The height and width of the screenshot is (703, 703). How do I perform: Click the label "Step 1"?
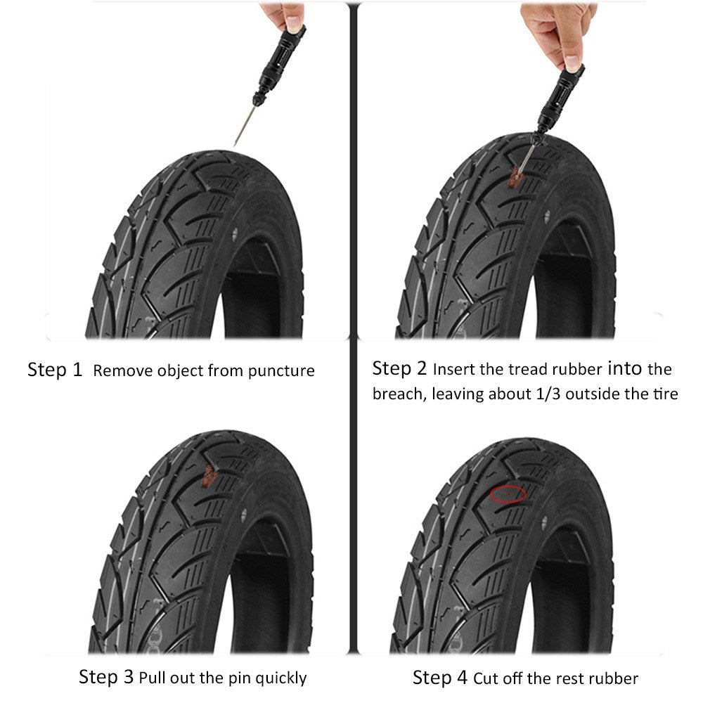point(55,370)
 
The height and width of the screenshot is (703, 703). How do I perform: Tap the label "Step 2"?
point(399,368)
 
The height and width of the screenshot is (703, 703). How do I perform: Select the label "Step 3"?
point(106,677)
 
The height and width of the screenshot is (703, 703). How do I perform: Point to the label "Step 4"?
point(440,678)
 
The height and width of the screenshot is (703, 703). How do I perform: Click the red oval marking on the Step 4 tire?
point(508,494)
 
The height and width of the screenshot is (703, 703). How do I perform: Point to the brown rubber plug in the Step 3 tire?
point(208,477)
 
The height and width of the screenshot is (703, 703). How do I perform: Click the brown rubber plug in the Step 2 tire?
point(515,176)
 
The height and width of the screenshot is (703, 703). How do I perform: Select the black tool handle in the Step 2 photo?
point(560,100)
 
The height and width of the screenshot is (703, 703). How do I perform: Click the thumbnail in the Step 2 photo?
point(572,63)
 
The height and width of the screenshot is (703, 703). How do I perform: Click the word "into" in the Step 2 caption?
point(624,368)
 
